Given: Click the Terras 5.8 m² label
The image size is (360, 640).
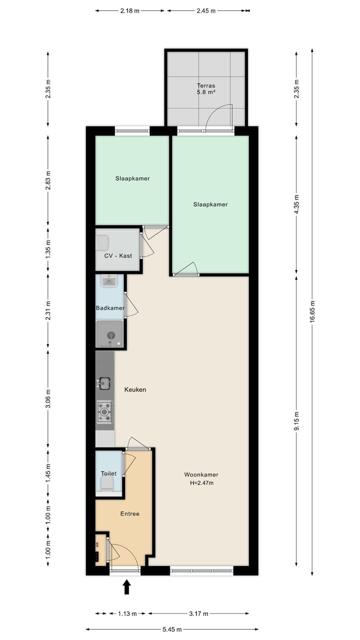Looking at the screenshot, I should [x=205, y=89].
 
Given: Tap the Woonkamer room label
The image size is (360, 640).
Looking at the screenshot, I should [x=201, y=474].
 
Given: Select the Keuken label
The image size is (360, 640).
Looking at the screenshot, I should [x=135, y=389].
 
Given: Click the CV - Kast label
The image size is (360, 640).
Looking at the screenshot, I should [x=118, y=255].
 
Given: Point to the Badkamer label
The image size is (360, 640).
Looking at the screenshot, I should [x=110, y=308].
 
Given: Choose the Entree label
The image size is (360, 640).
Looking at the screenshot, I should [x=129, y=513].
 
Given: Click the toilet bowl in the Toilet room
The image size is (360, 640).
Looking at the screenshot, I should [x=107, y=483].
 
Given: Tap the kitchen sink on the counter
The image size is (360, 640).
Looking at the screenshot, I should [x=104, y=383].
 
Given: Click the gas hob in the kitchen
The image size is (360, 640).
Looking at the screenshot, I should [x=104, y=411].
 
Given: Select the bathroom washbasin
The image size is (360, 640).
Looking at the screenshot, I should [x=108, y=281].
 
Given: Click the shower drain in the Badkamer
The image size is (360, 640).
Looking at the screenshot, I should [x=111, y=335].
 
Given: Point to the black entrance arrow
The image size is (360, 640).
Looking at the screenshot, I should [x=126, y=586].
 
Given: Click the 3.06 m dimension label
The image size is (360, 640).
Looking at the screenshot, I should [x=48, y=398].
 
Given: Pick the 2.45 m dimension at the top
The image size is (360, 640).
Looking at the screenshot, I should [x=206, y=10].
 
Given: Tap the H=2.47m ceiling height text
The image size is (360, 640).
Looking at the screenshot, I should [x=201, y=483].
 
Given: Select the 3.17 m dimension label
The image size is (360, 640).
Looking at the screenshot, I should [x=198, y=613].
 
